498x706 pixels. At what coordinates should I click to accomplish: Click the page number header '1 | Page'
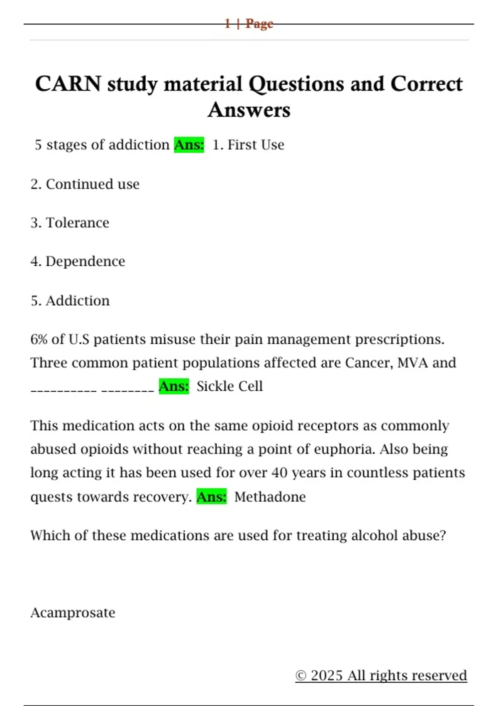249,23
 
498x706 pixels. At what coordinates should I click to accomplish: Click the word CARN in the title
68,84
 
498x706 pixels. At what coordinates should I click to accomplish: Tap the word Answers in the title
249,110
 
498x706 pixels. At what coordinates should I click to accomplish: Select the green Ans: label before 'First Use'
189,145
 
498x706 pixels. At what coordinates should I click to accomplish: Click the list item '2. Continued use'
85,184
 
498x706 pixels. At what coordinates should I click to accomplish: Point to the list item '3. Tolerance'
70,223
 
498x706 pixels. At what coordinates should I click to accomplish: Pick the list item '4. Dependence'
78,261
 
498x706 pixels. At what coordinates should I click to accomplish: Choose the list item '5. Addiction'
70,301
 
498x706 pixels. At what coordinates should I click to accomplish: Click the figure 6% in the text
39,339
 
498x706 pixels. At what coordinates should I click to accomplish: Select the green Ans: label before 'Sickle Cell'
174,386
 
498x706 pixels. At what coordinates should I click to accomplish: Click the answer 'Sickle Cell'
229,386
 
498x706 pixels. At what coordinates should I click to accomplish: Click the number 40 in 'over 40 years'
279,473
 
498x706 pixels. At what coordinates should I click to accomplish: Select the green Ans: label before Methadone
212,497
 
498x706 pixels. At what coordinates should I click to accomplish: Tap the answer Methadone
270,497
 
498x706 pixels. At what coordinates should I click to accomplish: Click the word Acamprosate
73,613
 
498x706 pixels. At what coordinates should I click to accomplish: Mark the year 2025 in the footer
327,675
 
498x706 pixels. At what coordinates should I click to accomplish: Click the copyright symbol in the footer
301,676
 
